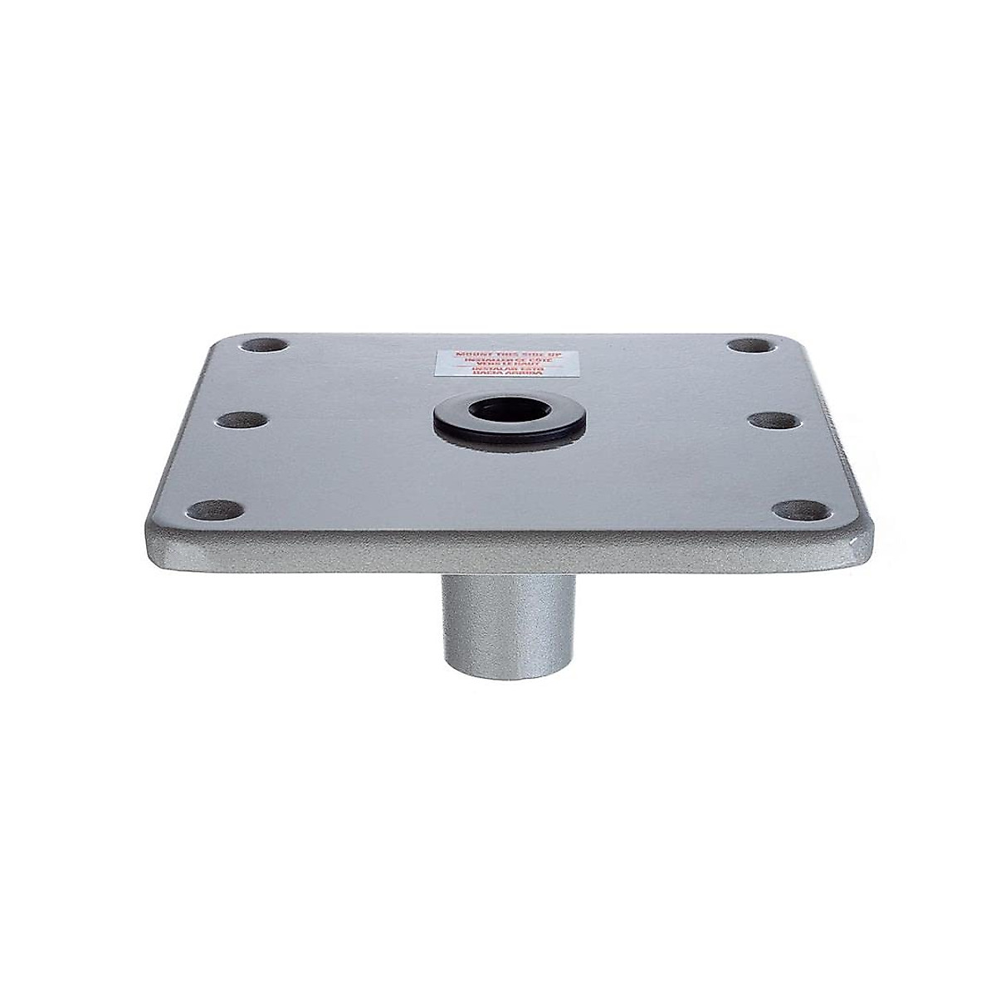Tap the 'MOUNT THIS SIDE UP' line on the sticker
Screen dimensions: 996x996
[x=500, y=355]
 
